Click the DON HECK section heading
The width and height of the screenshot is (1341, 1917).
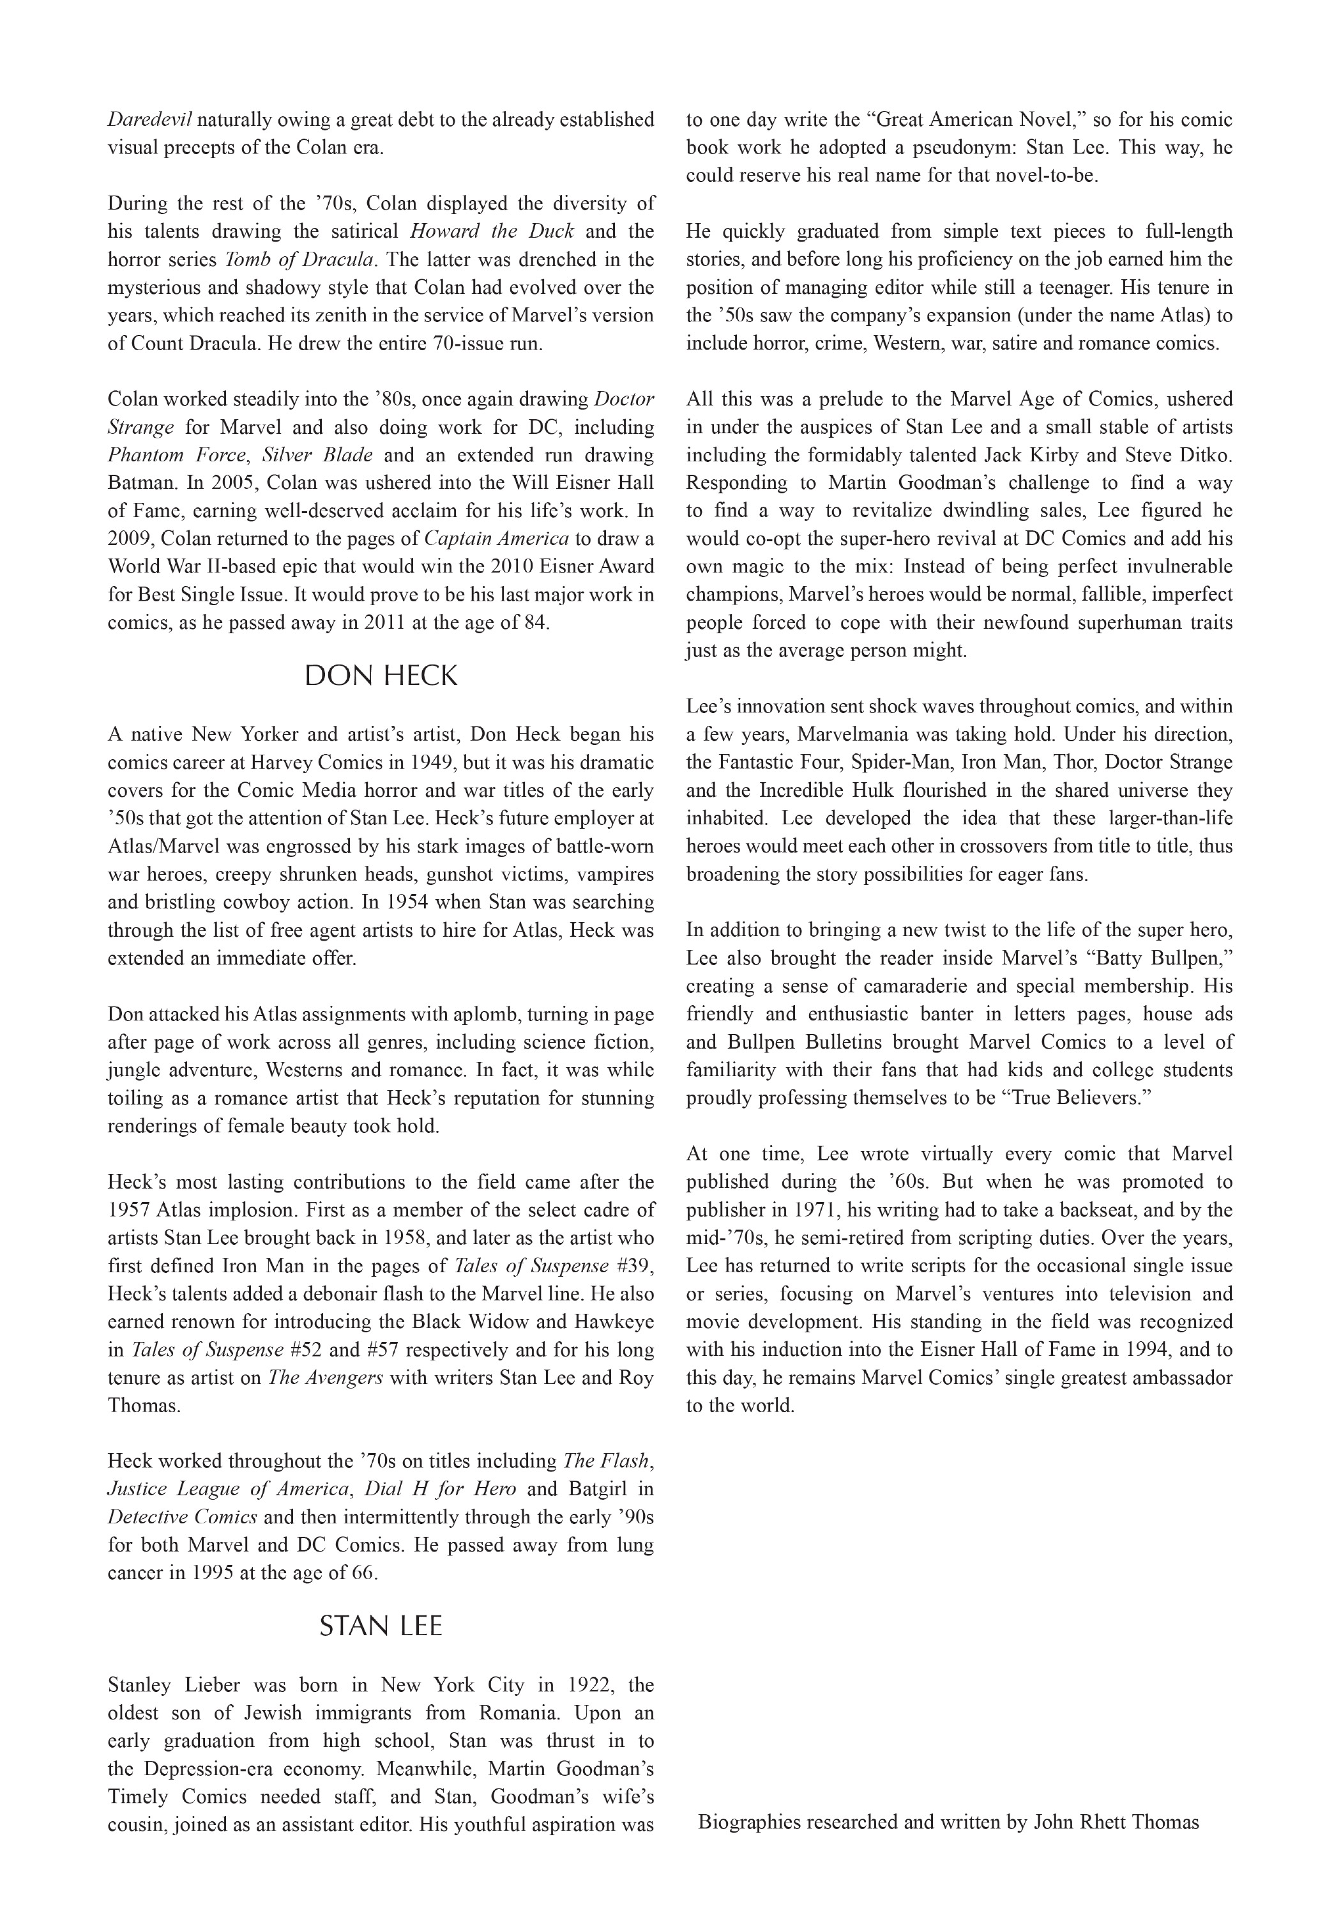(x=381, y=675)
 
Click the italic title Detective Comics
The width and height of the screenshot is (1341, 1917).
(x=182, y=1517)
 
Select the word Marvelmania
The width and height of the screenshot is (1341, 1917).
(x=853, y=735)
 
